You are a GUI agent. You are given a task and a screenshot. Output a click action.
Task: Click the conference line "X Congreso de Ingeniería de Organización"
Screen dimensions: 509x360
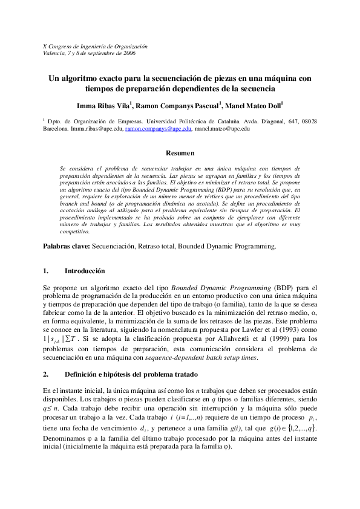coord(95,46)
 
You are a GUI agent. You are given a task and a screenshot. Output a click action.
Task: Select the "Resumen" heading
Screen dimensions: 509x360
coord(180,154)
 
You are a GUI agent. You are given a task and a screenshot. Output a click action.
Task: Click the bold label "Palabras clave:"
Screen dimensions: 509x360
coord(67,246)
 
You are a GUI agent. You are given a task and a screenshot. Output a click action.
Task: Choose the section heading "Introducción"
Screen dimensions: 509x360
coord(85,271)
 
